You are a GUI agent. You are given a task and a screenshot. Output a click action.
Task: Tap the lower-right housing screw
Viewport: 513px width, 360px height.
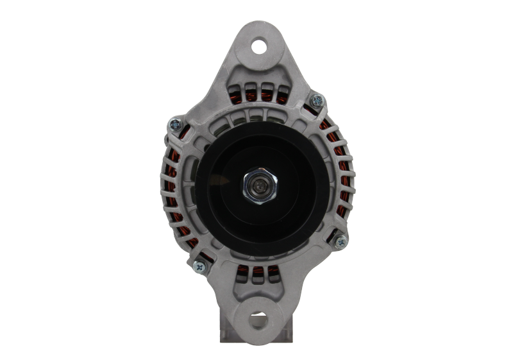(340, 242)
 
